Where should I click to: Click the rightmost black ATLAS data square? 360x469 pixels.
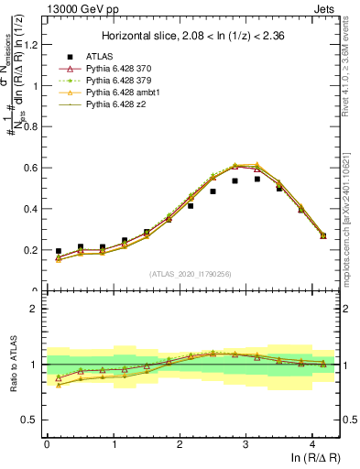click(323, 235)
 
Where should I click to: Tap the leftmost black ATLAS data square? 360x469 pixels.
click(59, 251)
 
